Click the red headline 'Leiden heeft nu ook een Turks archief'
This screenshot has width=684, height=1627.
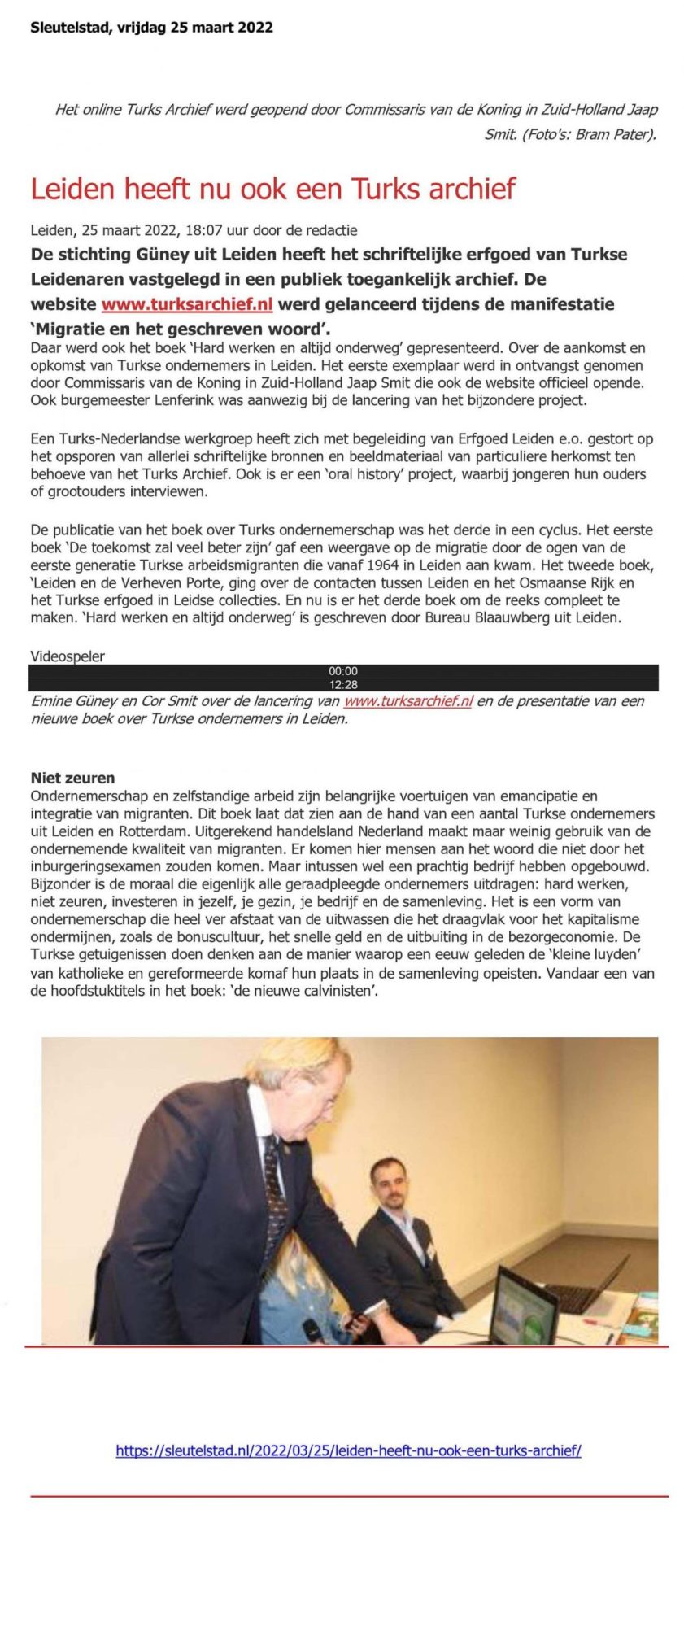click(272, 189)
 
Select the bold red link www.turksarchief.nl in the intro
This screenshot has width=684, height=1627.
click(186, 304)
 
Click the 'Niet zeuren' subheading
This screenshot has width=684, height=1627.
click(72, 778)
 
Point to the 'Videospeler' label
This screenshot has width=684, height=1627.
click(68, 656)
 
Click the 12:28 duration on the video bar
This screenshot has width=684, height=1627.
click(342, 685)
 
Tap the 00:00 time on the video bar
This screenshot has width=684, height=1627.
click(342, 671)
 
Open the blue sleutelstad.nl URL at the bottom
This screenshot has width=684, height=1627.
click(348, 1450)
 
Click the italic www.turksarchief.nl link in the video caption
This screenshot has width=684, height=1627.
click(407, 701)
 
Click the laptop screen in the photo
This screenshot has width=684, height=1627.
click(522, 1301)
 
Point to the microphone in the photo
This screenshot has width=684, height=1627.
click(312, 1331)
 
